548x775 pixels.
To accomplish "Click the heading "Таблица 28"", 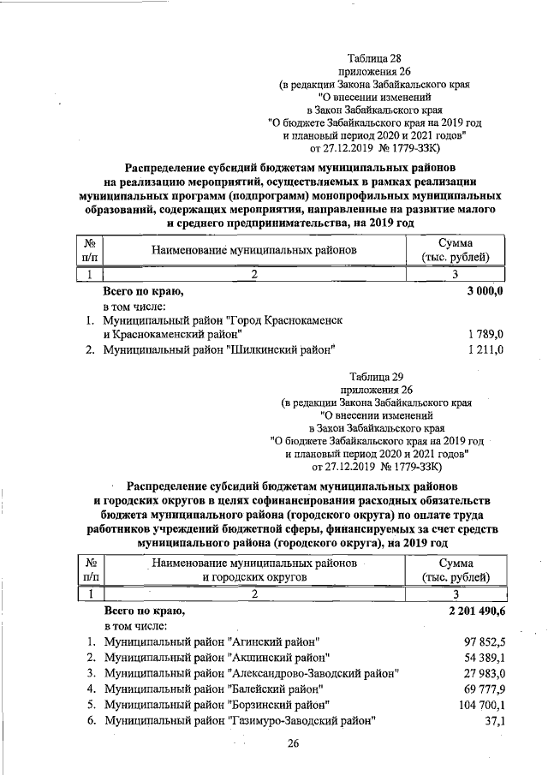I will pos(375,57).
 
